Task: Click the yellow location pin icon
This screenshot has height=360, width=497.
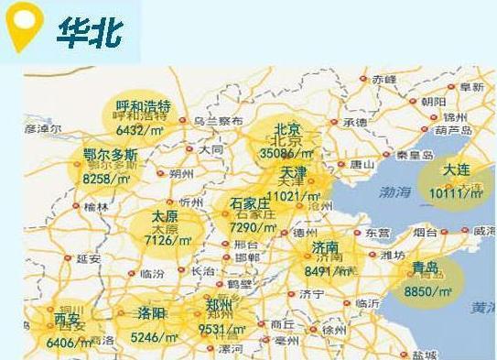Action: point(23,27)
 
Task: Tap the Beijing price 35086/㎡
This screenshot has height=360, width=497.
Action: point(286,153)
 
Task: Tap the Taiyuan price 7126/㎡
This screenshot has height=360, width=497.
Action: point(167,240)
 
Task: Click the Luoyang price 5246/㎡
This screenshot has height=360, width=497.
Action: point(154,337)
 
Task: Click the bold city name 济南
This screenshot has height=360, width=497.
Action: point(325,247)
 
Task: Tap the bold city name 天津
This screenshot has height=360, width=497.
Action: point(294,172)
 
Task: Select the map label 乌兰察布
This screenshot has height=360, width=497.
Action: point(218,120)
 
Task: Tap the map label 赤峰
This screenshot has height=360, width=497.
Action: point(384,80)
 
